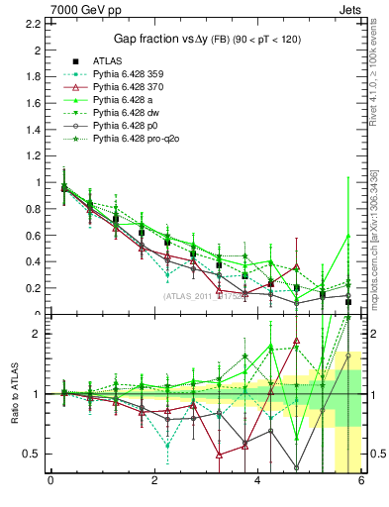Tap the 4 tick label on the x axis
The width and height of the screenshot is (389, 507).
coord(257,482)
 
